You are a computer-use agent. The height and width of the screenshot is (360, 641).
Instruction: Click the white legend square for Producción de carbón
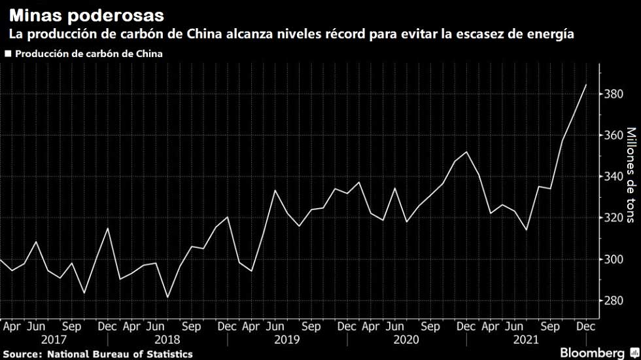pyautogui.click(x=8, y=54)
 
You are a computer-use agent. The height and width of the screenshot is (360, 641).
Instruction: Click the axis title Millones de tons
pyautogui.click(x=631, y=175)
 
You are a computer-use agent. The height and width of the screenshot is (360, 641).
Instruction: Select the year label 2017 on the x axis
pyautogui.click(x=54, y=340)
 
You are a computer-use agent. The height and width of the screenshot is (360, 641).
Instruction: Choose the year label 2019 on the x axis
pyautogui.click(x=287, y=340)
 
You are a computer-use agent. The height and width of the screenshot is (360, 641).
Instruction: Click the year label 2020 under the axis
pyautogui.click(x=406, y=340)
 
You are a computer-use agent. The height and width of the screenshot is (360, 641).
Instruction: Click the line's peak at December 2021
pyautogui.click(x=585, y=84)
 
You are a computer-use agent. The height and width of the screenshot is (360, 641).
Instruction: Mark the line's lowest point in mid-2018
pyautogui.click(x=167, y=298)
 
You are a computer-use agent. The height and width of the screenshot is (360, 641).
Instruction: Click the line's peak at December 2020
pyautogui.click(x=466, y=152)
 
